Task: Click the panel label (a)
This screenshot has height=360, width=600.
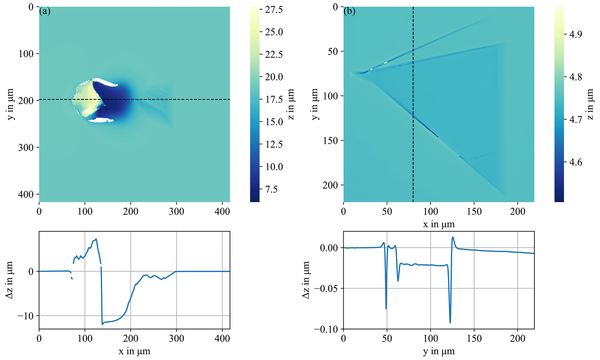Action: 45,12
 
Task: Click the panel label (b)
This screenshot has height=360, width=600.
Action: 349,12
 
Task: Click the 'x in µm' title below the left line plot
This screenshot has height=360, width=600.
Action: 134,352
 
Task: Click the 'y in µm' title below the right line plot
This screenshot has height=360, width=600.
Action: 439,352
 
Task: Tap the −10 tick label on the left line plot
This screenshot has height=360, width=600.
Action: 26,316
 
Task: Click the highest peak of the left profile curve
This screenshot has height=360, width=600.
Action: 96,239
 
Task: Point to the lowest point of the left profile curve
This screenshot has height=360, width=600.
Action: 102,324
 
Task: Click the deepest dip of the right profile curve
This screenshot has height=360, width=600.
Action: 450,323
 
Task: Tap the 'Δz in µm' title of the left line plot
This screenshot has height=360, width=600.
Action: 10,280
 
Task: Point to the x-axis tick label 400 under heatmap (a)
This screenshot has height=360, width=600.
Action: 222,211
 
